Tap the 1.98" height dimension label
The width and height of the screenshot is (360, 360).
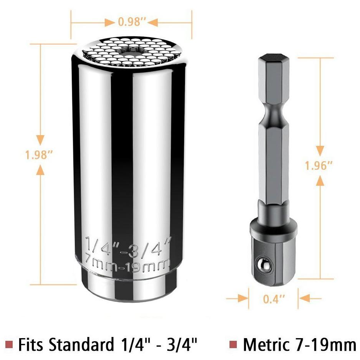(39, 155)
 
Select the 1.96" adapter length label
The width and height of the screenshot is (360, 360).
(319, 165)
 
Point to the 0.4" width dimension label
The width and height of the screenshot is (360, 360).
(274, 299)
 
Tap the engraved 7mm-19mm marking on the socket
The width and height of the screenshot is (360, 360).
(128, 264)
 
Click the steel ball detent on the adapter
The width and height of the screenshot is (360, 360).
(264, 265)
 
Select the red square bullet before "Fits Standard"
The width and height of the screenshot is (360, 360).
(9, 344)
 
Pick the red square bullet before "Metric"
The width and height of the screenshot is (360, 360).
(233, 344)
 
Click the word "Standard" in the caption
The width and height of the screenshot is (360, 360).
(81, 344)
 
